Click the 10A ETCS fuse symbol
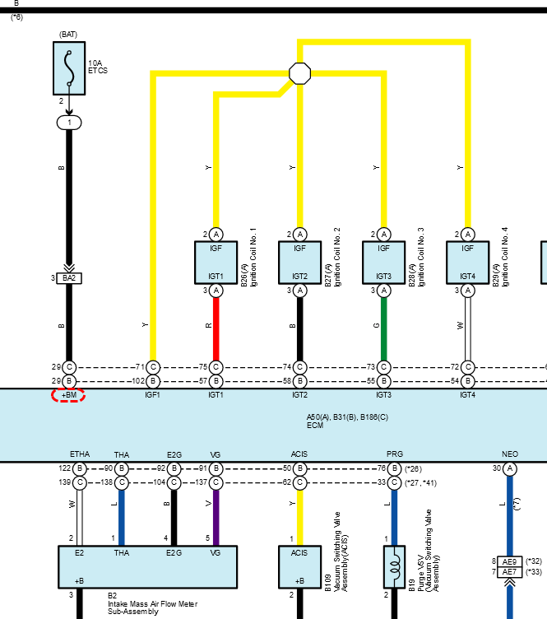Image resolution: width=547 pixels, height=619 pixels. (x=69, y=68)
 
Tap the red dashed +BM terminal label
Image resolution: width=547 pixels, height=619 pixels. (x=68, y=395)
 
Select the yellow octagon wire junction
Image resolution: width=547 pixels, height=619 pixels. (x=299, y=73)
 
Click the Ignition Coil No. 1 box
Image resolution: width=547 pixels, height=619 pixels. (x=216, y=263)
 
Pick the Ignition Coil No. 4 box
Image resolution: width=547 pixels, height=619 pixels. (x=467, y=263)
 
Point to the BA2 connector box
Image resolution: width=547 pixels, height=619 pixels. (x=69, y=278)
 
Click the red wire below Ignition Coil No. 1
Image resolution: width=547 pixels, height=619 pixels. (x=216, y=329)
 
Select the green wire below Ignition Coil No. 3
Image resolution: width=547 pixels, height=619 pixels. (x=384, y=329)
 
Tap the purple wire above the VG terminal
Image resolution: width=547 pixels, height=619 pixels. (x=216, y=518)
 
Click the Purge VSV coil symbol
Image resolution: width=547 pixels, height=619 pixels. (x=394, y=567)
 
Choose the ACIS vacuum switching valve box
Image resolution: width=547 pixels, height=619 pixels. (x=299, y=567)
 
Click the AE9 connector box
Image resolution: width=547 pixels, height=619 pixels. (x=509, y=561)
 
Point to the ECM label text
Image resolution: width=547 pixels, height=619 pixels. (x=315, y=426)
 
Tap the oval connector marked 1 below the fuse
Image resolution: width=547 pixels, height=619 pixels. (x=69, y=123)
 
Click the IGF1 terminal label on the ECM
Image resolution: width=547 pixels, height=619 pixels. (x=152, y=395)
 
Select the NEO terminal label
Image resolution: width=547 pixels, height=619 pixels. (x=510, y=454)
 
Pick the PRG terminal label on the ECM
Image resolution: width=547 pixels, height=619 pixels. (x=394, y=454)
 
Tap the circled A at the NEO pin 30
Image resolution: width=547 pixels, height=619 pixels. (x=510, y=468)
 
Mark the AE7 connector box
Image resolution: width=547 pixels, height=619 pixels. (x=509, y=572)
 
